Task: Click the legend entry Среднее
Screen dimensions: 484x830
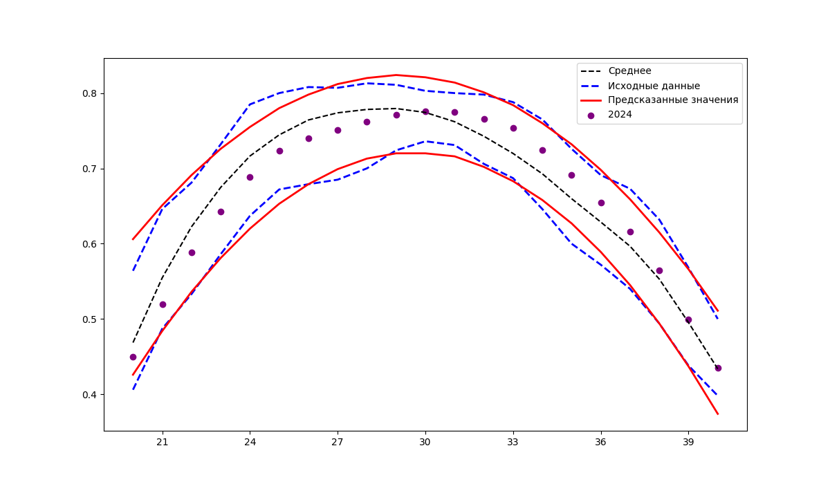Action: click(629, 71)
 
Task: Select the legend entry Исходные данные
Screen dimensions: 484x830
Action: click(654, 86)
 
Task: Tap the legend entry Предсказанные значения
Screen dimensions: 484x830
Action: click(673, 100)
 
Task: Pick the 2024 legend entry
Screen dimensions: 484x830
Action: click(620, 115)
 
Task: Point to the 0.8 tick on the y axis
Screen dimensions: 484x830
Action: click(91, 93)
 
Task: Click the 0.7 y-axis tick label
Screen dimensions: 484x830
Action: click(91, 169)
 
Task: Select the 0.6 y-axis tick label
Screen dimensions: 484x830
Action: click(91, 244)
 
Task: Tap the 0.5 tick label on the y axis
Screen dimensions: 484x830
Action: click(91, 319)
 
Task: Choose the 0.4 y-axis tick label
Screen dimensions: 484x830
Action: click(91, 395)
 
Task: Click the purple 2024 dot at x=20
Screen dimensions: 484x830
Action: click(133, 357)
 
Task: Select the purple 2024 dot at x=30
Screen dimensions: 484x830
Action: click(425, 111)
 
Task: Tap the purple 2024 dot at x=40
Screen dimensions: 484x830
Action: click(718, 368)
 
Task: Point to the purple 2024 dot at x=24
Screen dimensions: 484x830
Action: click(250, 177)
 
